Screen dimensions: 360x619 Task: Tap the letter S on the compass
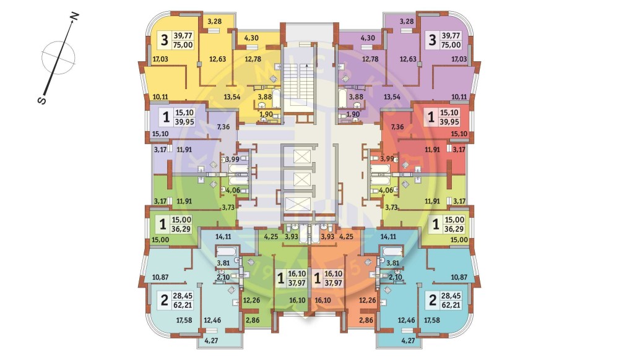coord(40,101)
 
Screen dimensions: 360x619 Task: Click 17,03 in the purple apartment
coord(459,60)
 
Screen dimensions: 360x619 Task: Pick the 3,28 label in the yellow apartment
coord(215,22)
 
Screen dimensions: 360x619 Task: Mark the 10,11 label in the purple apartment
coord(459,96)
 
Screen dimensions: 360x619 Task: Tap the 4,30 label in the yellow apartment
coord(251,38)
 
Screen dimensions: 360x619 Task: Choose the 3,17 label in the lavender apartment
coord(160,148)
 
